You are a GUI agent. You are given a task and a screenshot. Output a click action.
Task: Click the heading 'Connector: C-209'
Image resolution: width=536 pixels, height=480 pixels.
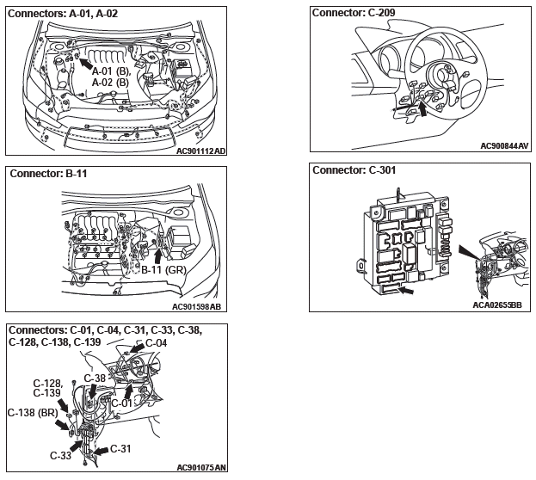point(354,13)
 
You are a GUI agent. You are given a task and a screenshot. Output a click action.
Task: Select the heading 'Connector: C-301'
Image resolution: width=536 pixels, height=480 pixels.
point(354,169)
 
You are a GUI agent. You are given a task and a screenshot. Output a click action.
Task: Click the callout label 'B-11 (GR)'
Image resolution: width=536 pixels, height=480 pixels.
point(163,270)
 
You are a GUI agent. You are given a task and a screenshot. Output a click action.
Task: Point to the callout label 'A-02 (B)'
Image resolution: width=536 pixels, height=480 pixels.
point(110,83)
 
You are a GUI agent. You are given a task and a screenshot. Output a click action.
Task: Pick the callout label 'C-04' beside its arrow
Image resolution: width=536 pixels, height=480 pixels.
point(156,343)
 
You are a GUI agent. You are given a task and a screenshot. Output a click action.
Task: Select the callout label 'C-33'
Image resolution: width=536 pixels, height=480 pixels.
point(60,456)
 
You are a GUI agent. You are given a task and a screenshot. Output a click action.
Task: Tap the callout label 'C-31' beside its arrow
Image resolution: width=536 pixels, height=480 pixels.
point(120,448)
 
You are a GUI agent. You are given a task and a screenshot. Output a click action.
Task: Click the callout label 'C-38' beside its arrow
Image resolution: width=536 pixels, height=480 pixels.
point(95,378)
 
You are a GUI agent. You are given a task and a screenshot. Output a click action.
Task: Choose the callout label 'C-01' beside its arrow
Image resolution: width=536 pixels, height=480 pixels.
point(121,403)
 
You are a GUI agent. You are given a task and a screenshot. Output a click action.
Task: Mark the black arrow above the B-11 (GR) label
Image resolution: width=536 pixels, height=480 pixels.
point(158,252)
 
